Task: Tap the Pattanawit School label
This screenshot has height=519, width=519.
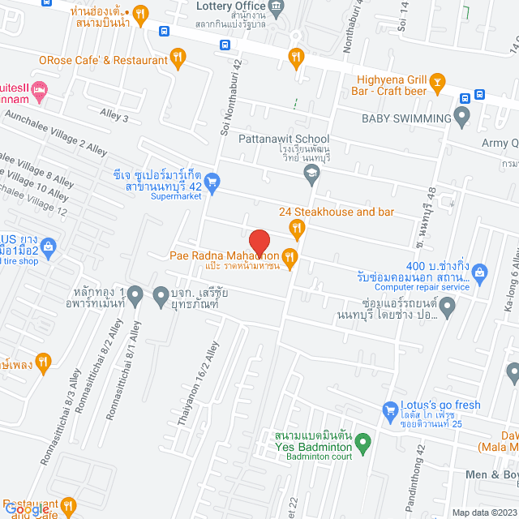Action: pos(284,139)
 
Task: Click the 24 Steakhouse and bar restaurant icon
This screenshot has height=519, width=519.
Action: pos(298,231)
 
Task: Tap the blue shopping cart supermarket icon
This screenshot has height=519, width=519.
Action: pos(212,182)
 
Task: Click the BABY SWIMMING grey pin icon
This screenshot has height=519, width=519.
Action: pos(462,118)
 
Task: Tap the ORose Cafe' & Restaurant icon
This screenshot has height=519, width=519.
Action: pos(178,58)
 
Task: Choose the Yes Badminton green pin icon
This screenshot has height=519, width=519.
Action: pos(363,443)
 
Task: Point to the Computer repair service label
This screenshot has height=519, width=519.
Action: pos(422,286)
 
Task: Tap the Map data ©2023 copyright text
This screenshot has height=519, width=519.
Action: pos(483,513)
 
